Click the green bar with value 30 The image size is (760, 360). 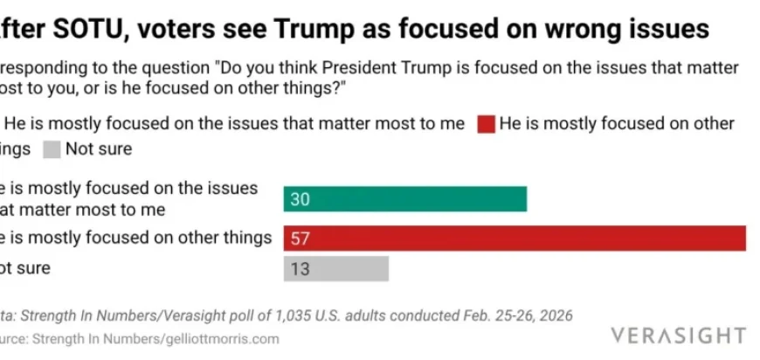(x=404, y=199)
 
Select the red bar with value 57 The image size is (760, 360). (x=515, y=238)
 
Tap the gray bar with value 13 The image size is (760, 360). (x=335, y=269)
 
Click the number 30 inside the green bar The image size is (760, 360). (x=301, y=199)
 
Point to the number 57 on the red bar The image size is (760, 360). (x=301, y=238)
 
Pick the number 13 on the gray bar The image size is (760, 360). (x=300, y=269)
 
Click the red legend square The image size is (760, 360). (x=486, y=124)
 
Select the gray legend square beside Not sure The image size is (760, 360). (x=52, y=149)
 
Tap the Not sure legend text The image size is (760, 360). (x=99, y=149)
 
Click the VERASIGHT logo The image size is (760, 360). (x=679, y=336)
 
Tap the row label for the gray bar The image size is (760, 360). (x=24, y=268)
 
